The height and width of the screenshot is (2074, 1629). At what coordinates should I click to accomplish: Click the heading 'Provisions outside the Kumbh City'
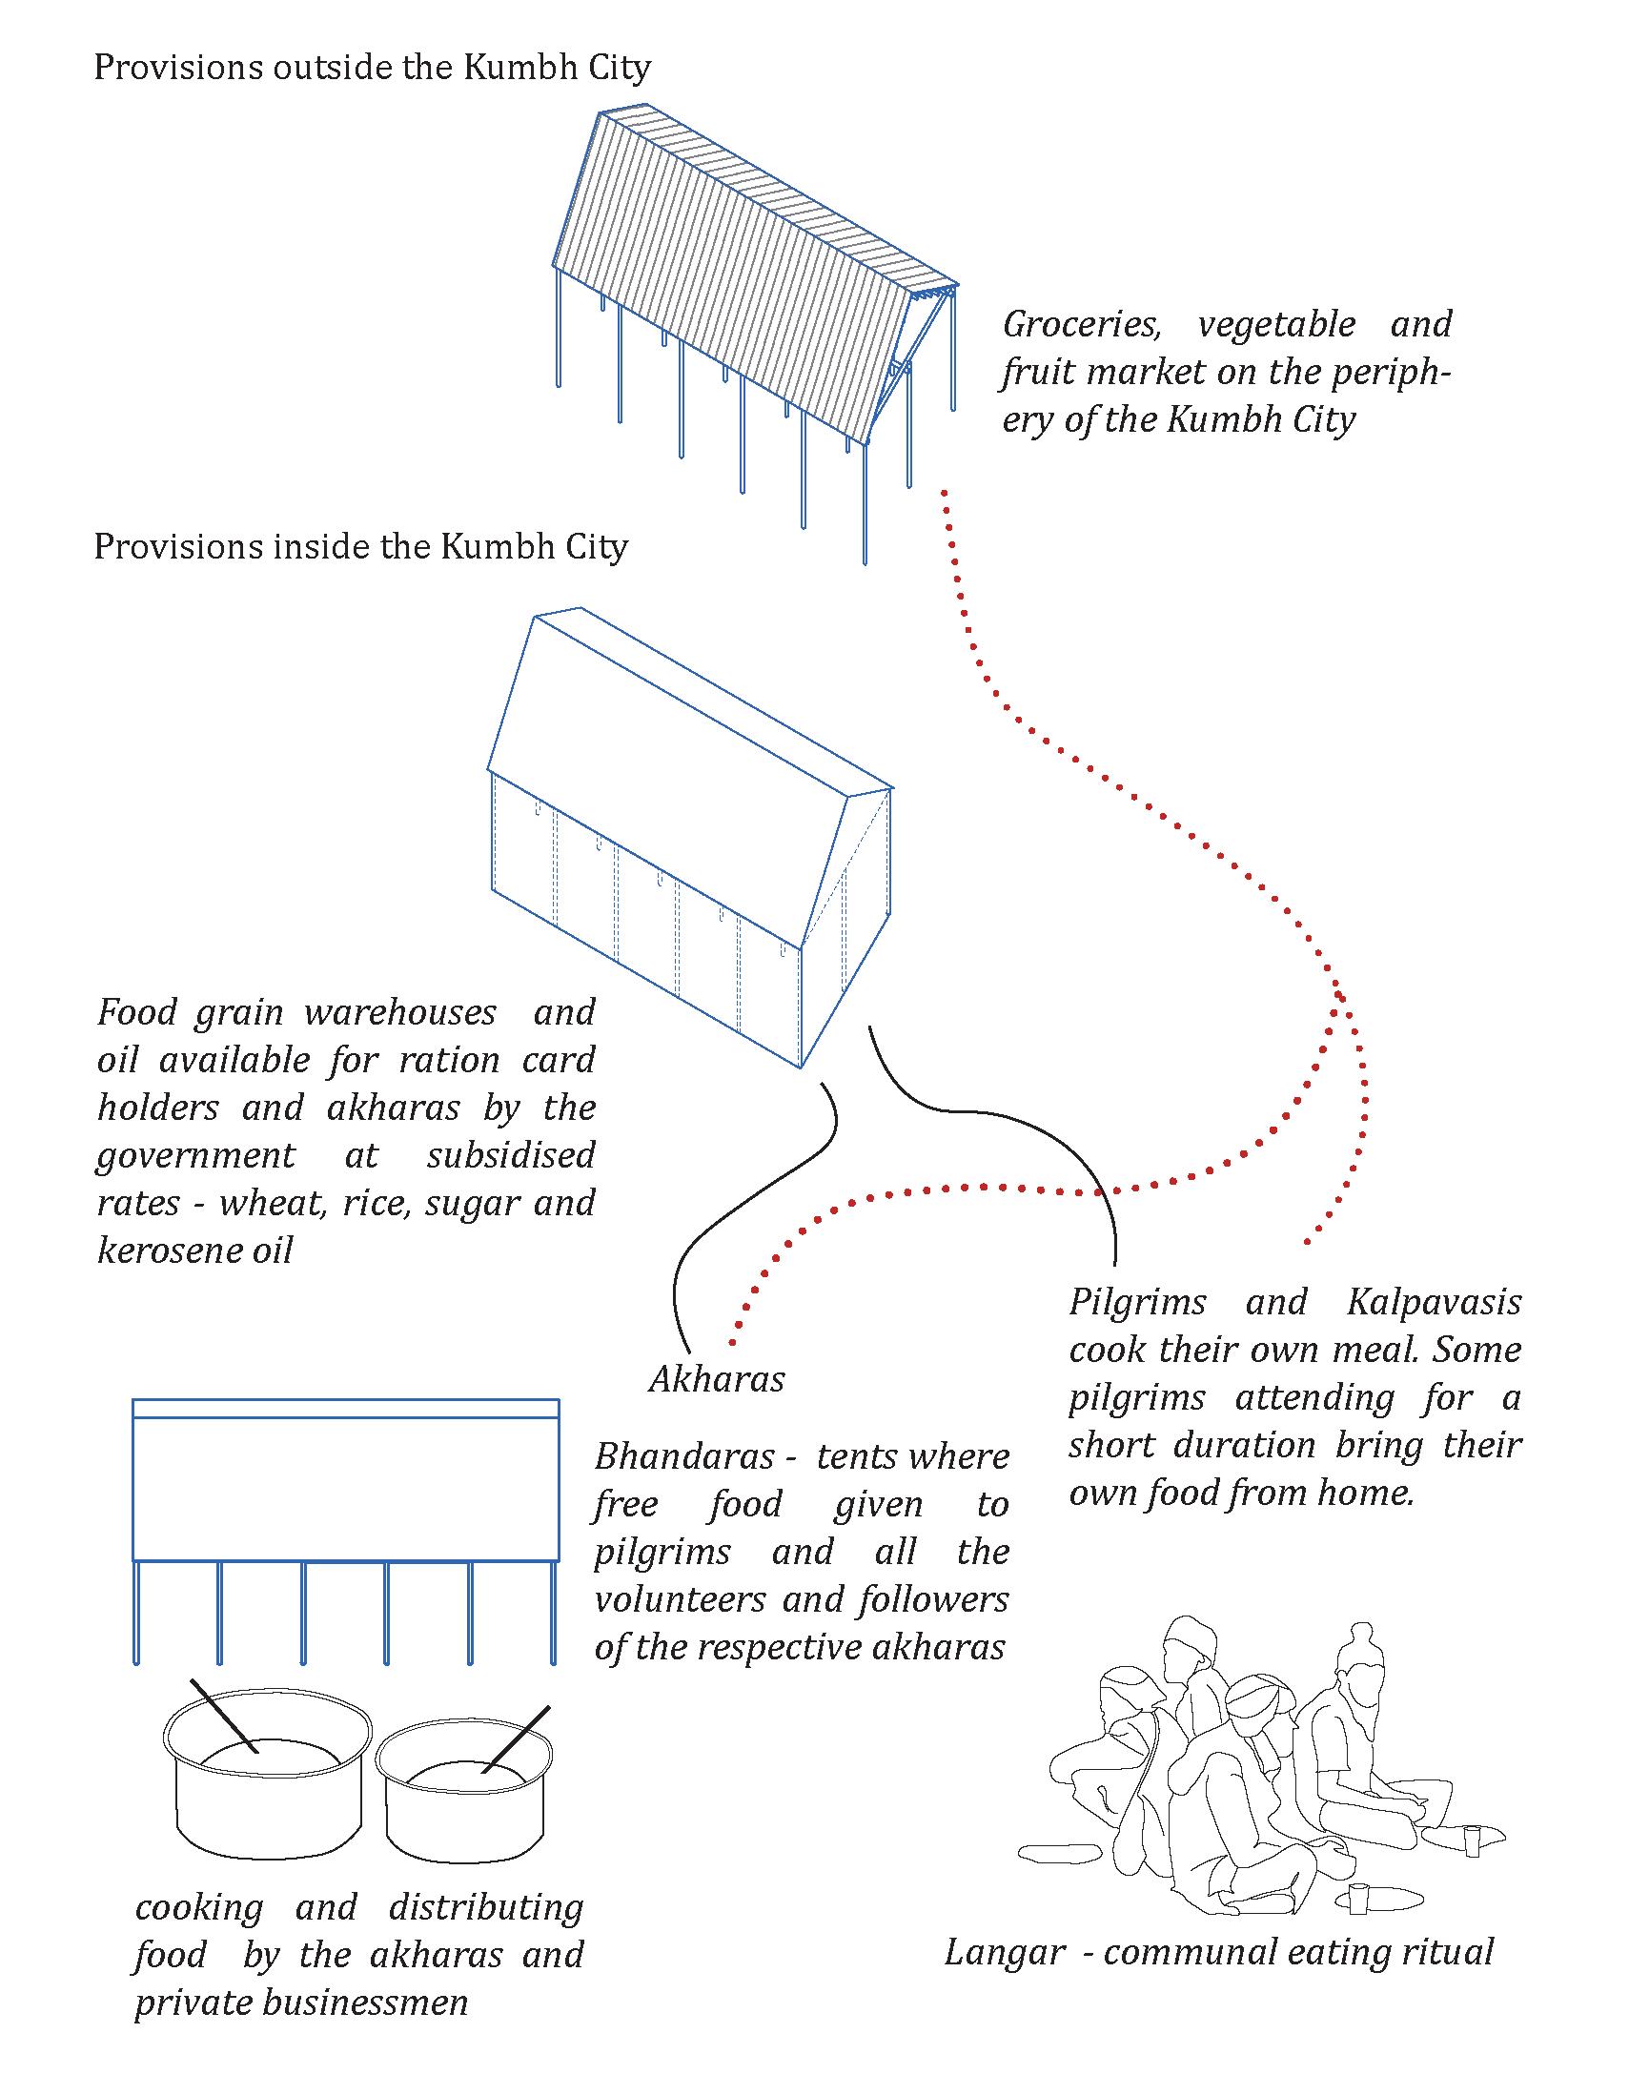(x=372, y=68)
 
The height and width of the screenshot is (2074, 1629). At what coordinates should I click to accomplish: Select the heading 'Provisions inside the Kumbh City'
(x=360, y=547)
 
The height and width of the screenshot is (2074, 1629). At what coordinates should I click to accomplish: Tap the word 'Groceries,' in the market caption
(x=1082, y=325)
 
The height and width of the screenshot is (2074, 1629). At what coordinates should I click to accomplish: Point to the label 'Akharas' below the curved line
(x=716, y=1379)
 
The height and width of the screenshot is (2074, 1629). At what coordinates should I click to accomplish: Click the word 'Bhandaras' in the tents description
(x=683, y=1457)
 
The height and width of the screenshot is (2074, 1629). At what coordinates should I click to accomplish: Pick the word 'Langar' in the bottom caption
(x=1004, y=1952)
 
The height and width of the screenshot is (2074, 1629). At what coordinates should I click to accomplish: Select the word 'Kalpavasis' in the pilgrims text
(x=1434, y=1303)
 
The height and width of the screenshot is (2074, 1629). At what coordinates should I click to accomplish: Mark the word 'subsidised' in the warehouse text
(x=510, y=1156)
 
